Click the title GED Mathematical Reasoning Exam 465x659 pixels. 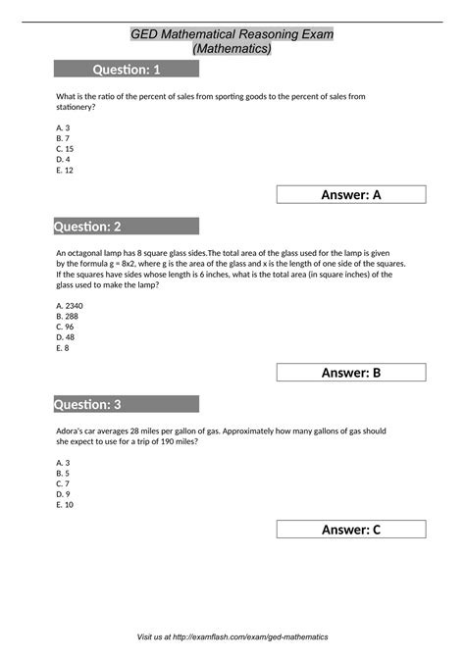coord(232,34)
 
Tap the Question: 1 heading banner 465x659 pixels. coord(127,69)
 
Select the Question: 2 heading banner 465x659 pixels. coord(127,227)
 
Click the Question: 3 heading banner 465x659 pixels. coord(127,404)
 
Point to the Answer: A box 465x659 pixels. coord(350,194)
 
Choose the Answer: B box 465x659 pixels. coord(350,372)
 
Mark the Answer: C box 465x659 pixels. coord(350,530)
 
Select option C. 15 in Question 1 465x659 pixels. coord(65,148)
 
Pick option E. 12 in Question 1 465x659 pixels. coord(65,170)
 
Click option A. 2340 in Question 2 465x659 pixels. coord(70,306)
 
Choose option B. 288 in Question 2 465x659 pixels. coord(68,317)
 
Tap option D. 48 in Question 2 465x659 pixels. coord(66,337)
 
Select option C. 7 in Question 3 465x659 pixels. coord(63,483)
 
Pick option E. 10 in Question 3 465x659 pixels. coord(65,504)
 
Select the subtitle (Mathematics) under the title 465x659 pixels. coord(232,48)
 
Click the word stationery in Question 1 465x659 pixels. coord(77,107)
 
